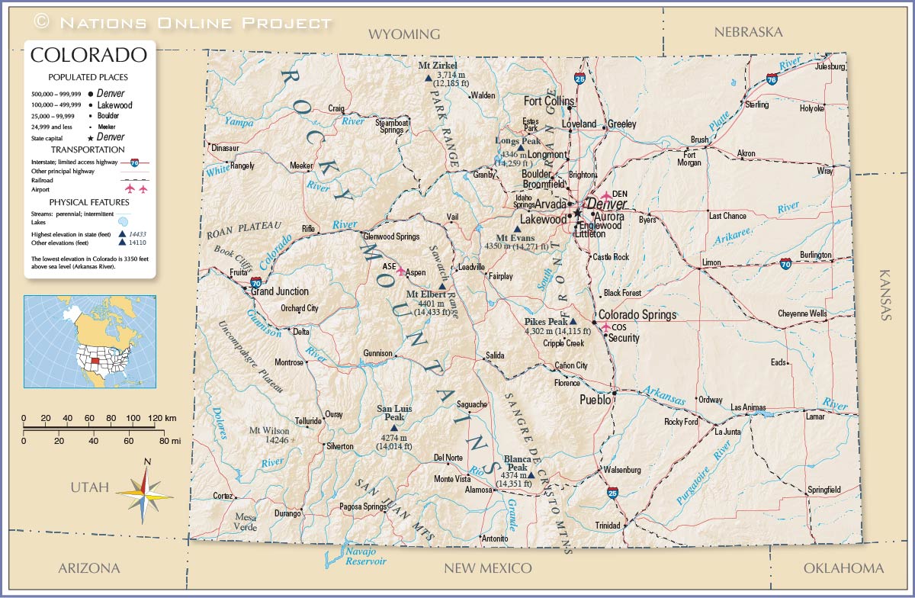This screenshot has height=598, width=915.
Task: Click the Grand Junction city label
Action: coord(280,291)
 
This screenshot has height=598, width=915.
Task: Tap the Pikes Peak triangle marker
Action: coord(573,322)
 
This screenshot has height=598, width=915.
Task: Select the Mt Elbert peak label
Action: coord(426,294)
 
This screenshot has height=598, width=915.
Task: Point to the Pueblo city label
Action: coord(595,399)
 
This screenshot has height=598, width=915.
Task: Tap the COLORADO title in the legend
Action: coord(88,55)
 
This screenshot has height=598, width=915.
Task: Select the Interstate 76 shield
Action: coord(772,78)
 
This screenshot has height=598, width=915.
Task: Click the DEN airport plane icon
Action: coord(606,196)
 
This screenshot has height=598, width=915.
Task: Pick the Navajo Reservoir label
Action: coord(361,556)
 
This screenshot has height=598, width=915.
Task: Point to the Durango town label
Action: coord(287,513)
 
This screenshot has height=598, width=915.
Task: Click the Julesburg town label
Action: coord(830,66)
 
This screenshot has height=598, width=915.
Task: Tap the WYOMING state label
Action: coord(404,34)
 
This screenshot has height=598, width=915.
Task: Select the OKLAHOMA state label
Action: coord(843,568)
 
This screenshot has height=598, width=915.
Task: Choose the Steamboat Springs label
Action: coord(392,126)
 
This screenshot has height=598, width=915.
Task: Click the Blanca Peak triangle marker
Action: coord(531,475)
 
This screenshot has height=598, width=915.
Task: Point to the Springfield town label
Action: coord(823,490)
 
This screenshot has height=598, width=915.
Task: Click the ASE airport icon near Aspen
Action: coord(401,272)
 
